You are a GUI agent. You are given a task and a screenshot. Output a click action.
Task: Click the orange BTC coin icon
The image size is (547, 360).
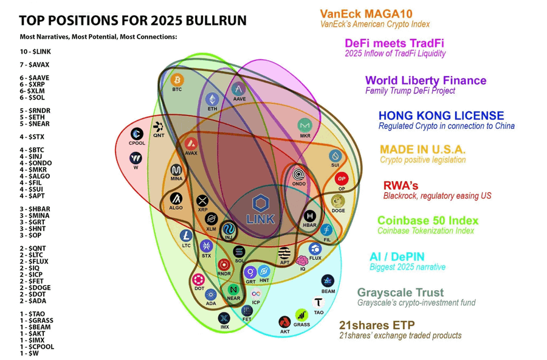tap(177, 80)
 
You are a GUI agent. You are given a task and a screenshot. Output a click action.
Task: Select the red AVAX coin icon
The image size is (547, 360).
tap(191, 144)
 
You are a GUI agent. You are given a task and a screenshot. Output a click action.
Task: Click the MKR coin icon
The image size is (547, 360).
tap(304, 126)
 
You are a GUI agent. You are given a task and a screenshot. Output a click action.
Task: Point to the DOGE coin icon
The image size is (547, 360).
tap(338, 201)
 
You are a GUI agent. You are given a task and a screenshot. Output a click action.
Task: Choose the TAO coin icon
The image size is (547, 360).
tap(318, 302)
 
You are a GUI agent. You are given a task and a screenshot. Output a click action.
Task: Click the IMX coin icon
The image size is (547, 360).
tap(224, 317)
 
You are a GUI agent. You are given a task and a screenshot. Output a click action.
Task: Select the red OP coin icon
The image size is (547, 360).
tap(342, 179)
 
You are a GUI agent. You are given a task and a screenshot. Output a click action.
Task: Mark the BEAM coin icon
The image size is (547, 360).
tap(328, 281)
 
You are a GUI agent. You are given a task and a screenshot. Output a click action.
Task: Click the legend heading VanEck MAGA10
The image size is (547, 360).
tap(367, 13)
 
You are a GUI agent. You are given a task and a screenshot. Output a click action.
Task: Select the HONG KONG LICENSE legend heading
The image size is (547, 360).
tap(441, 116)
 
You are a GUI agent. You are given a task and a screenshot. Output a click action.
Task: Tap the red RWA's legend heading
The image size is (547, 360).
tap(401, 185)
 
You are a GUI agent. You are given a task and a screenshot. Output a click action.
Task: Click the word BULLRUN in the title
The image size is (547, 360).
tap(213, 20)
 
